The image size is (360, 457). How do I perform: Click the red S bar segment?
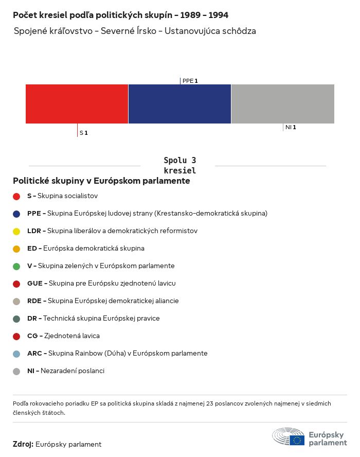pyautogui.click(x=77, y=104)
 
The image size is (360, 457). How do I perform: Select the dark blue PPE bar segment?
pyautogui.click(x=179, y=104)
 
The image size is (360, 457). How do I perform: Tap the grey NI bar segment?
pyautogui.click(x=282, y=104)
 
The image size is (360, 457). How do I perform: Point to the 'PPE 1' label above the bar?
pyautogui.click(x=190, y=81)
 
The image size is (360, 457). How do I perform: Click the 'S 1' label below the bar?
pyautogui.click(x=83, y=133)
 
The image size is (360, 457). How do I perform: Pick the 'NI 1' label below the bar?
pyautogui.click(x=290, y=127)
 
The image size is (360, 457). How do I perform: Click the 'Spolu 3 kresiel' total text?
pyautogui.click(x=179, y=165)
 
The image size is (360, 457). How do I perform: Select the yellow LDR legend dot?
pyautogui.click(x=16, y=231)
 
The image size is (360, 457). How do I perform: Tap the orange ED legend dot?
pyautogui.click(x=16, y=249)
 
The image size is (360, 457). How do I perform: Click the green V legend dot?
pyautogui.click(x=16, y=266)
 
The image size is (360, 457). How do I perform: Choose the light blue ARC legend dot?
pyautogui.click(x=16, y=354)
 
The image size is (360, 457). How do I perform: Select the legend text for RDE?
pyautogui.click(x=103, y=301)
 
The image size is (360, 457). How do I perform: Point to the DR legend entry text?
pyautogui.click(x=93, y=319)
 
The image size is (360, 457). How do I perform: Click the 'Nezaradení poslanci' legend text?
pyautogui.click(x=72, y=371)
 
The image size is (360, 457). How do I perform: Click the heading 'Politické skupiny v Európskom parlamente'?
pyautogui.click(x=101, y=181)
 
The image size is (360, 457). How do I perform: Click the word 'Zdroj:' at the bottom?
pyautogui.click(x=23, y=444)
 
